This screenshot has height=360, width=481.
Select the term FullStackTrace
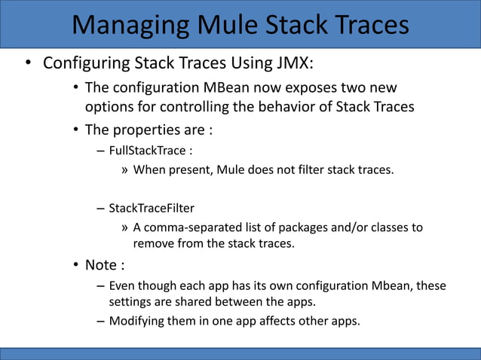(148, 150)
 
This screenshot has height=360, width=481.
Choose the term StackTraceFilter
(156, 207)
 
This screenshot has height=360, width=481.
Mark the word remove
(155, 244)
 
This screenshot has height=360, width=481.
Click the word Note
(101, 266)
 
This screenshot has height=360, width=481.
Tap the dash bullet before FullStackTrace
(100, 150)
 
